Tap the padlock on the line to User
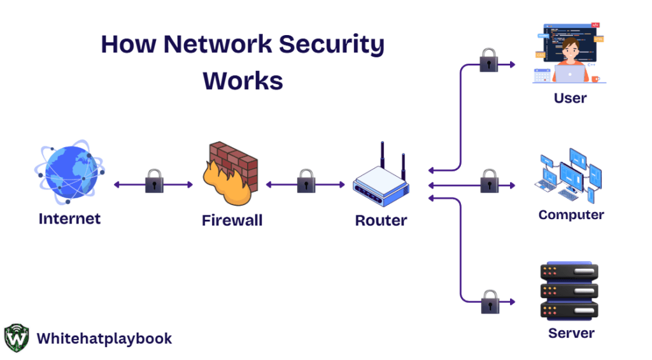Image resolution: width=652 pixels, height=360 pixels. pyautogui.click(x=489, y=61)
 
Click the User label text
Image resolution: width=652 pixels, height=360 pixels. pyautogui.click(x=570, y=98)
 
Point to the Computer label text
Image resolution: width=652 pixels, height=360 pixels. pyautogui.click(x=571, y=215)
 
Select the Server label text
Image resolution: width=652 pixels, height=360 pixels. pyautogui.click(x=571, y=333)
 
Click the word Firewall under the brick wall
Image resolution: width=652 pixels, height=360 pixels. pyautogui.click(x=232, y=221)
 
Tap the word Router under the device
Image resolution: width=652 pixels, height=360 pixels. pyautogui.click(x=381, y=221)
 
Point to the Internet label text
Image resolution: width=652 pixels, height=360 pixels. pyautogui.click(x=69, y=219)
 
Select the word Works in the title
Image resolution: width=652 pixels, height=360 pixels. pyautogui.click(x=243, y=81)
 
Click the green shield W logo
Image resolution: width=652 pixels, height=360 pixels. pyautogui.click(x=17, y=338)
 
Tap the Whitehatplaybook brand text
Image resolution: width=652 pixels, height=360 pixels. pyautogui.click(x=104, y=338)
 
